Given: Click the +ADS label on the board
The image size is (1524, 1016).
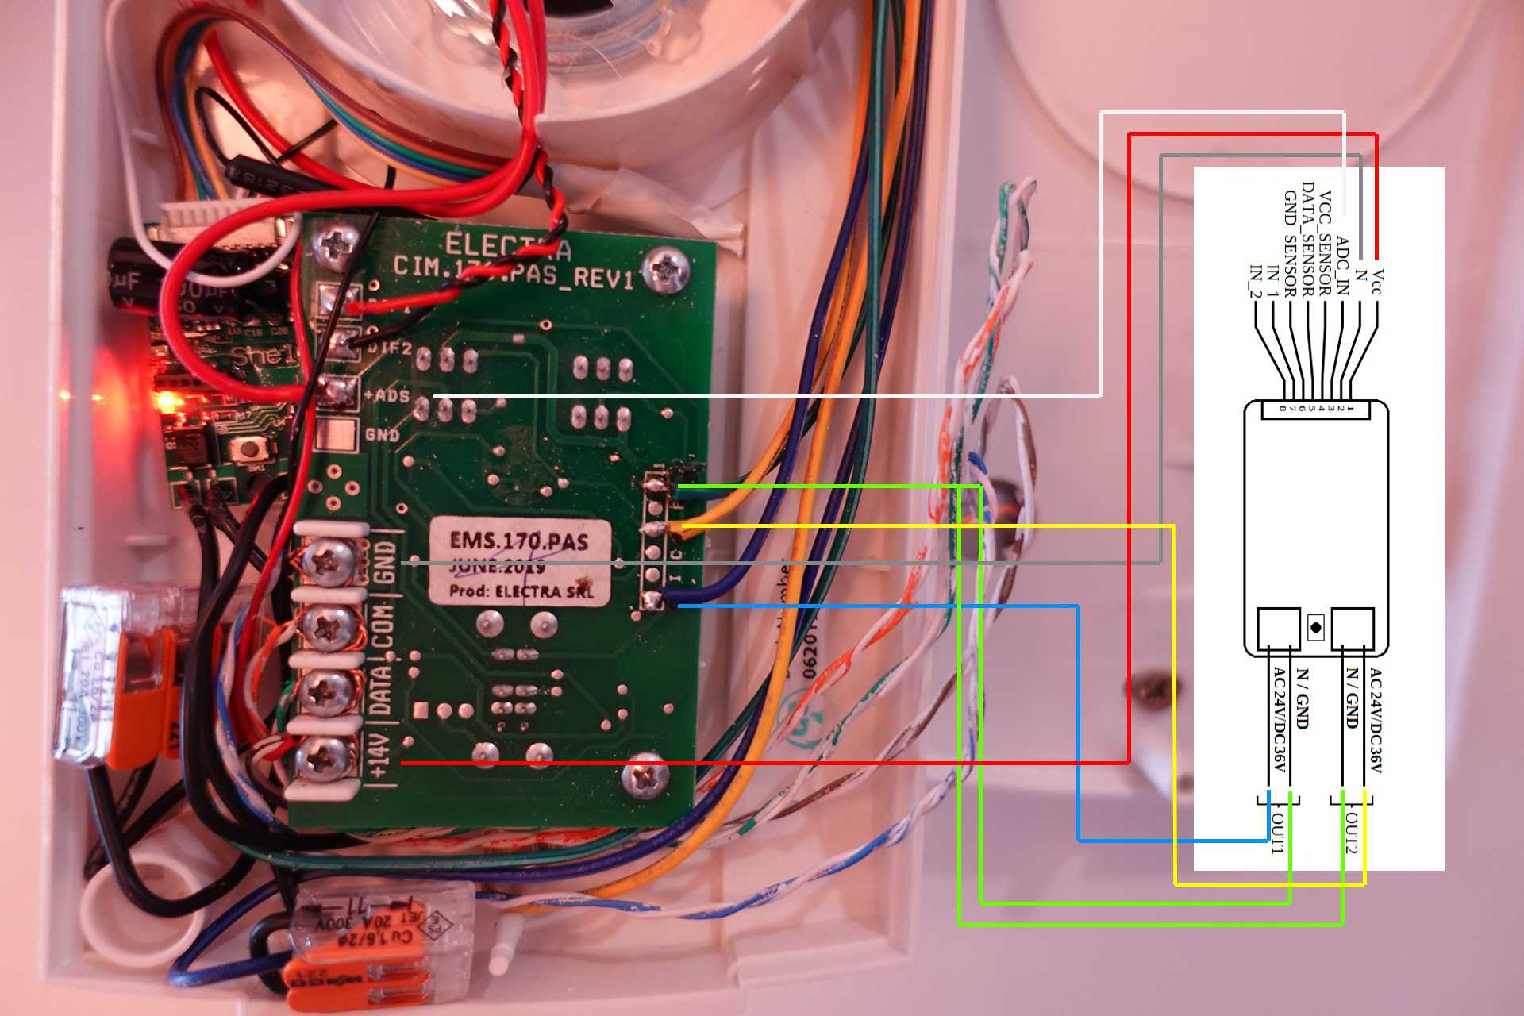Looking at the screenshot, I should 387,394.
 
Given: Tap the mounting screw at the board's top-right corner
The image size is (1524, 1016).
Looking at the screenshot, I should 665,268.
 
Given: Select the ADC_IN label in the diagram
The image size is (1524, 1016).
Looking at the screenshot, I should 1342,265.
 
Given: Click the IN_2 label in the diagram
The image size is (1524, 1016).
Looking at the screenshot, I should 1255,281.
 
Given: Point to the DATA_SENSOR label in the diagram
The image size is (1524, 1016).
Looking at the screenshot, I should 1307,238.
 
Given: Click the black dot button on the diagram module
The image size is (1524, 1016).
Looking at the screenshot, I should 1315,627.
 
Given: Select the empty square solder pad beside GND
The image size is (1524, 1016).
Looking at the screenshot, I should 336,435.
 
